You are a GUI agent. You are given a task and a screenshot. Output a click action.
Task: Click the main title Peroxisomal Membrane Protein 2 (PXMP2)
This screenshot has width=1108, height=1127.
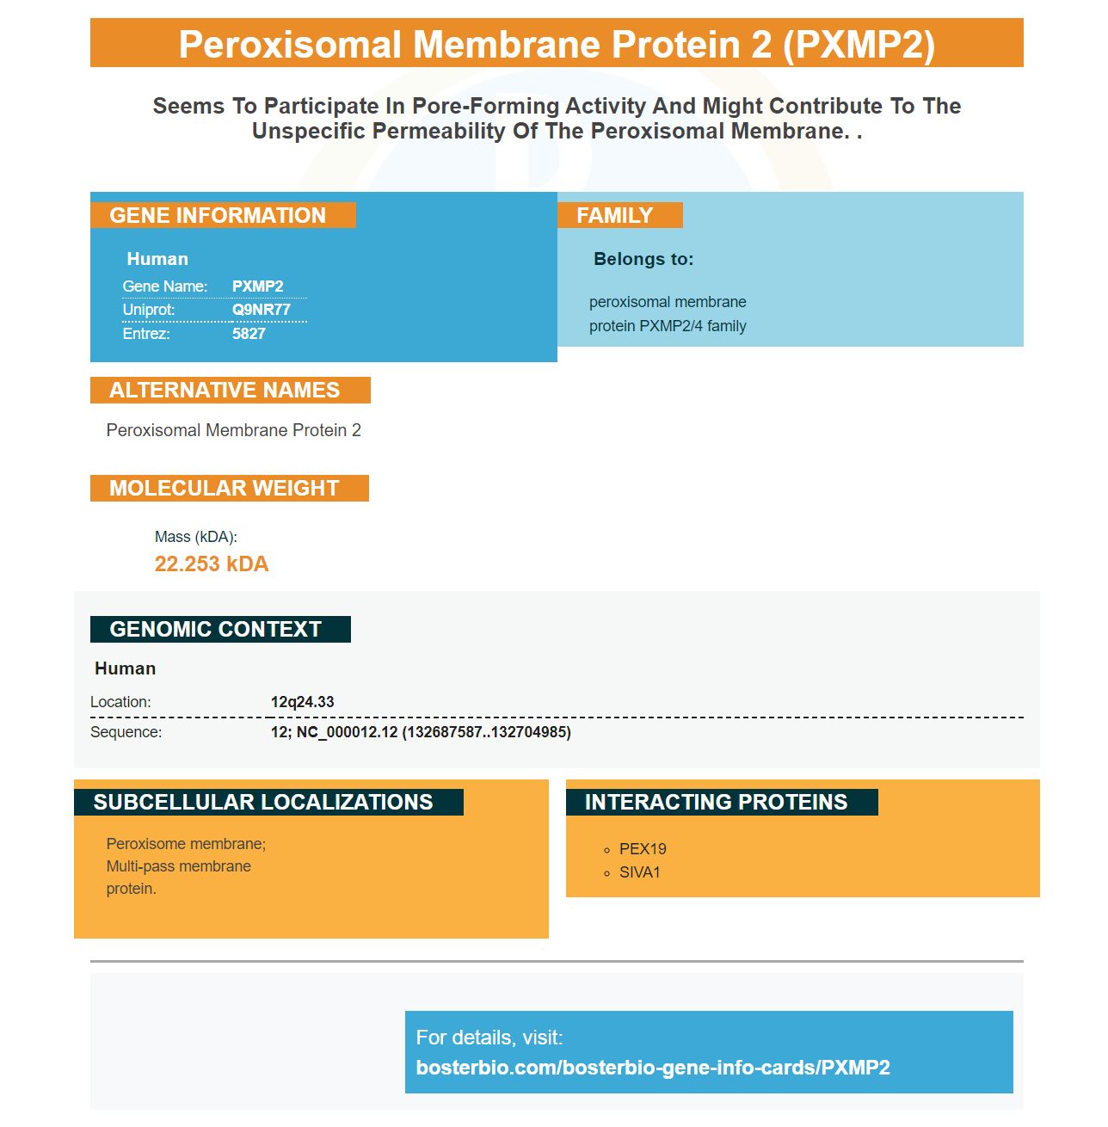[557, 44]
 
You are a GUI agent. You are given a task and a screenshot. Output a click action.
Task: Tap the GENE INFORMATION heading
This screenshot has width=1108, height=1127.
[218, 215]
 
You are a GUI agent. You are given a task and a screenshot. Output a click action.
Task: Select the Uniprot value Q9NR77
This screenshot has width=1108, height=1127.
[262, 310]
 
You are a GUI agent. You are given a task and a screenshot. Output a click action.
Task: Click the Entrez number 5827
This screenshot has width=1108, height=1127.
[249, 334]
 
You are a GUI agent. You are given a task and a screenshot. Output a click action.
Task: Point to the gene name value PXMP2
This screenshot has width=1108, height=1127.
[257, 286]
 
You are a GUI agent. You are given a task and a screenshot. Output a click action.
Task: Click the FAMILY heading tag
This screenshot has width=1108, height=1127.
[614, 215]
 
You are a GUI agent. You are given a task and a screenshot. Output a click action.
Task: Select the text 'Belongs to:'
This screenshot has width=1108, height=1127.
[643, 259]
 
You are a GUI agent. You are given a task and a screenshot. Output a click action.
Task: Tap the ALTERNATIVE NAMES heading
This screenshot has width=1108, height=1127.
[225, 390]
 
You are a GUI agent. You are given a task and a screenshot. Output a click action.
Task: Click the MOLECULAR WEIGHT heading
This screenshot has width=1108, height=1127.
[225, 488]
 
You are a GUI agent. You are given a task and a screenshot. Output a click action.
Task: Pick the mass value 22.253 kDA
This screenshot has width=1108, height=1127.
[212, 563]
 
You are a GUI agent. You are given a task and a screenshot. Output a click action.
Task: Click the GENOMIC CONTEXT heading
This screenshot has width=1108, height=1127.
[216, 629]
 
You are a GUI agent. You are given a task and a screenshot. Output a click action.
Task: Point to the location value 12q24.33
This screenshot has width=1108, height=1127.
[302, 702]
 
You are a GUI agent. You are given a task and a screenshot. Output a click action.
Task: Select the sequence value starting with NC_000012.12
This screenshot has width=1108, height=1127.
[421, 732]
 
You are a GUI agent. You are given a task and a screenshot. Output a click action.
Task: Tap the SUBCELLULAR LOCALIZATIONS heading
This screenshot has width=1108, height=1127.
[263, 802]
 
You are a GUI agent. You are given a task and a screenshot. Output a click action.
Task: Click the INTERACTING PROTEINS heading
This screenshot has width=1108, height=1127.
[716, 802]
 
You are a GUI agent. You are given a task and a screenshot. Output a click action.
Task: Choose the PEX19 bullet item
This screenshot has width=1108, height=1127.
[643, 849]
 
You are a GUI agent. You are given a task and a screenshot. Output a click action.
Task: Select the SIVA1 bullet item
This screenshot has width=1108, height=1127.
[640, 872]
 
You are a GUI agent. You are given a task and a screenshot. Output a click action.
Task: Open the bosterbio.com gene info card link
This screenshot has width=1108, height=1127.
[653, 1068]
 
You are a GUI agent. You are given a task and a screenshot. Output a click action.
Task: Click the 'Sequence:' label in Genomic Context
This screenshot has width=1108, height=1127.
[126, 732]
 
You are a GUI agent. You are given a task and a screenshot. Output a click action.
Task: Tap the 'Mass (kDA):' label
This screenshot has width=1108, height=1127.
[195, 537]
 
